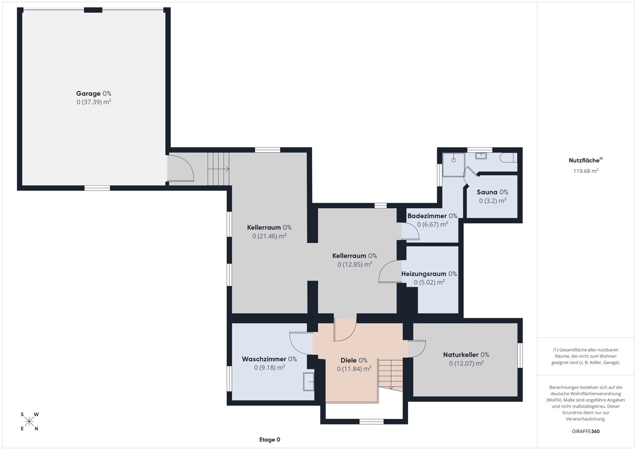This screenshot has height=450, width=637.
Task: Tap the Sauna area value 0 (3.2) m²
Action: [x=493, y=201]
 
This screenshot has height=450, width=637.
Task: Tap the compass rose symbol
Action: [x=29, y=422]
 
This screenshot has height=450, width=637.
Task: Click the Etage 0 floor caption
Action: [x=270, y=440]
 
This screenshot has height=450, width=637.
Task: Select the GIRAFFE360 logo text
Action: [x=586, y=431]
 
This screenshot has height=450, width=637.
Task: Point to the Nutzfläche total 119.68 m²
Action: [x=586, y=171]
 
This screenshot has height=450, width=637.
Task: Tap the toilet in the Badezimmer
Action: [x=509, y=158]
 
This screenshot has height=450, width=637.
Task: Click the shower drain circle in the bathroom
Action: [x=454, y=160]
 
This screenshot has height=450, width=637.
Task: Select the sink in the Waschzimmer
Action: [x=309, y=382]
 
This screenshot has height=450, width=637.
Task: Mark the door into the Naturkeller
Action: [x=417, y=349]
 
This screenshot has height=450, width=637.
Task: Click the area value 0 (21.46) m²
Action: [x=269, y=236]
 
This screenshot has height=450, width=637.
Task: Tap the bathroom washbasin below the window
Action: [x=481, y=156]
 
